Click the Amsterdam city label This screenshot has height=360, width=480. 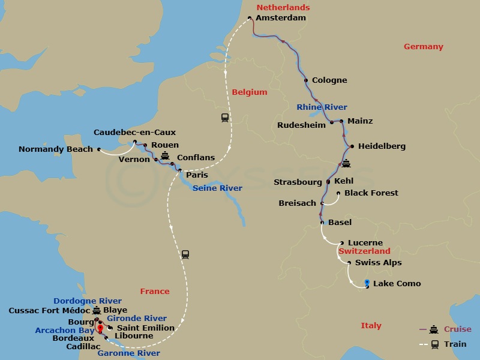pos(280,18)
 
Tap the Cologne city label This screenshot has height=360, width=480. pos(329,80)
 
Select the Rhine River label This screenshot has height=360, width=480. pos(322,107)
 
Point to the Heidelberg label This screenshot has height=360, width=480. pos(382,146)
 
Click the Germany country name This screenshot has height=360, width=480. pos(423,47)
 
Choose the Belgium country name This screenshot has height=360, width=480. pos(249,92)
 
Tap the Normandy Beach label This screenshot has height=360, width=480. pos(56,149)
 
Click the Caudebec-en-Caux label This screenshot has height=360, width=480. pos(134,133)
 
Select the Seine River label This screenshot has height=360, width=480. pos(217,188)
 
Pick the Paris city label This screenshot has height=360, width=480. pos(197,175)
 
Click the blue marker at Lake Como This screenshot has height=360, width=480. pos(367,283)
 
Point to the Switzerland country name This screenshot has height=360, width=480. pos(364,251)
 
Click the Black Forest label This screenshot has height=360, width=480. pos(371,193)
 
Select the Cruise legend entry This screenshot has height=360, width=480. pos(457,329)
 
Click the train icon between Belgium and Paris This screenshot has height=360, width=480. pos(225,118)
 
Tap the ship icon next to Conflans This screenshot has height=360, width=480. pos(165,156)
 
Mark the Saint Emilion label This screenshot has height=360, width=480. pos(145,328)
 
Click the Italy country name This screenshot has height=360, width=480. pos(371,326)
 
